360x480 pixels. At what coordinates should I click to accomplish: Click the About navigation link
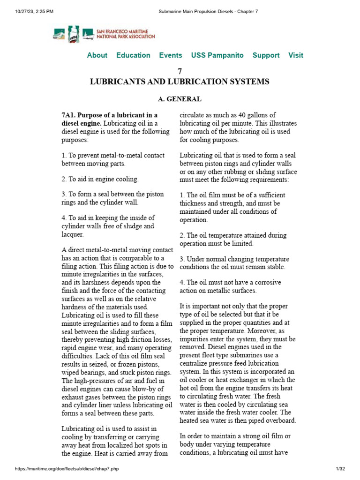click(97, 55)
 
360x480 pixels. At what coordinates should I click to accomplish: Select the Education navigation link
click(133, 55)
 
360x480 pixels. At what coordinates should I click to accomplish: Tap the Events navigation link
click(171, 55)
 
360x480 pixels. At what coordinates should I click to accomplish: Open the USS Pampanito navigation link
click(217, 55)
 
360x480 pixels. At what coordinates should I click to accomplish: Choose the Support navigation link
click(266, 55)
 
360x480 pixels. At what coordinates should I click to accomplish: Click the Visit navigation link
click(295, 55)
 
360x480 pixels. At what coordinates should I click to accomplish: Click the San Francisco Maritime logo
click(104, 34)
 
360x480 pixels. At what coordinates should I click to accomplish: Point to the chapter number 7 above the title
click(180, 71)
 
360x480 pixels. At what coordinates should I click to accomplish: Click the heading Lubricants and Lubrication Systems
click(180, 82)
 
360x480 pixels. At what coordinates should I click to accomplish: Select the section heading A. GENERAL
click(180, 99)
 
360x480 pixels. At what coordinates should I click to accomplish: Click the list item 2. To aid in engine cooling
click(100, 179)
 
